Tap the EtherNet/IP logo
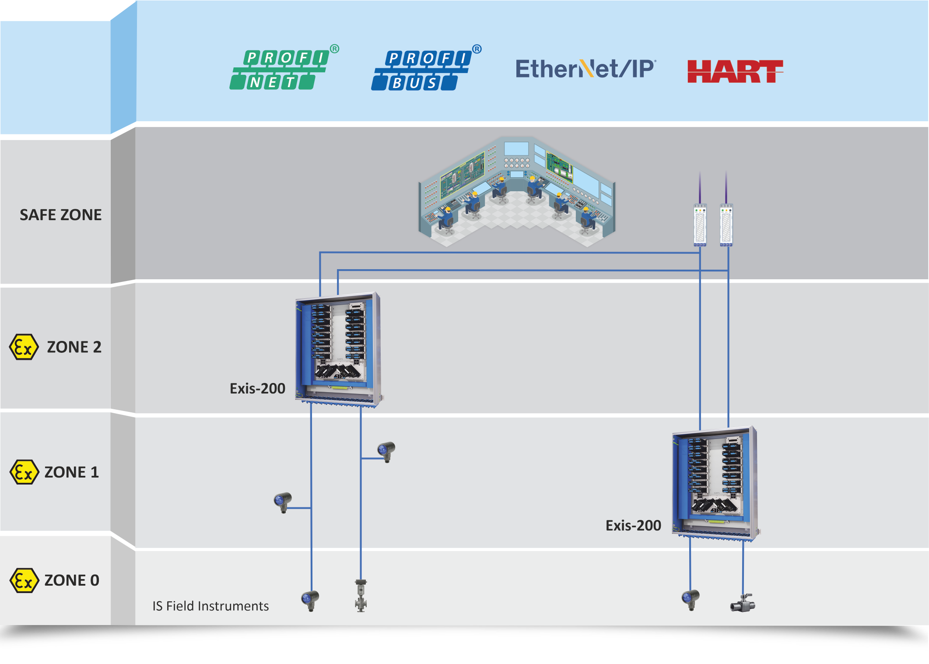coord(585,69)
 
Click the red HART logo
coord(735,71)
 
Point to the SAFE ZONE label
coord(60,215)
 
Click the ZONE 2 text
coord(74,347)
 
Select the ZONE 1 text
coord(72,472)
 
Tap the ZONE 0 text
coord(72,580)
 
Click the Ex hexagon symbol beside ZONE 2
coord(24,347)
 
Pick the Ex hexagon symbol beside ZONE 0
coord(24,580)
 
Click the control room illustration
coord(517,192)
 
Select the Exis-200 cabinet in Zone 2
coord(338,350)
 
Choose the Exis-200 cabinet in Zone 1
coord(715,484)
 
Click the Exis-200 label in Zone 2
coord(257,389)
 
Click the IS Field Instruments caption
coord(210,606)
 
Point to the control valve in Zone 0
coord(361,595)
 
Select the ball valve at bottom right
coord(743,603)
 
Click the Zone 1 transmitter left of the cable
coord(283,502)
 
